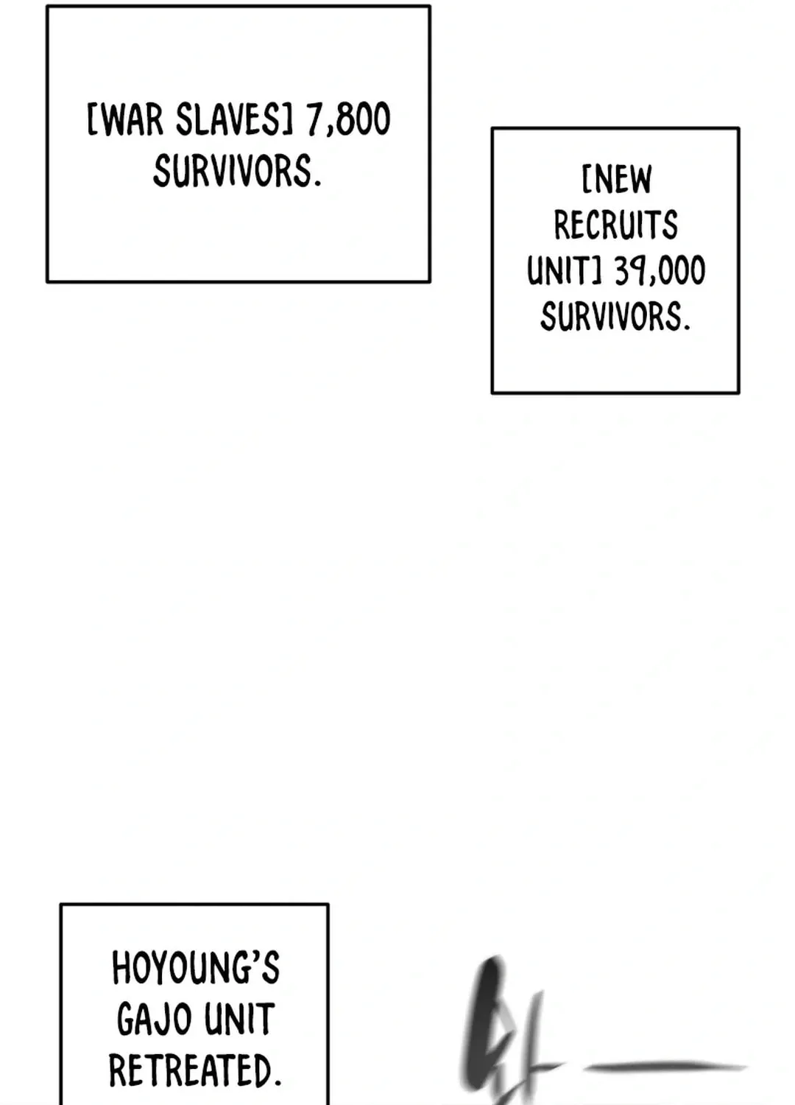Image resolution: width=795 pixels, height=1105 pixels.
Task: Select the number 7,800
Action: click(348, 120)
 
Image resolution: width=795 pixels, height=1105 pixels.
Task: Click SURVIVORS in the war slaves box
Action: click(237, 170)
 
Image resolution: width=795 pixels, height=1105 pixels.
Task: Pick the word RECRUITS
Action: click(616, 225)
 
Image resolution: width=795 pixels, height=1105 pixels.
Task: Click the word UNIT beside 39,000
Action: click(559, 270)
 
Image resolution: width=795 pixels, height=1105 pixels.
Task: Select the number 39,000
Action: click(660, 271)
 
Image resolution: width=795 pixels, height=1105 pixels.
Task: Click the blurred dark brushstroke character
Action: click(503, 1031)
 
